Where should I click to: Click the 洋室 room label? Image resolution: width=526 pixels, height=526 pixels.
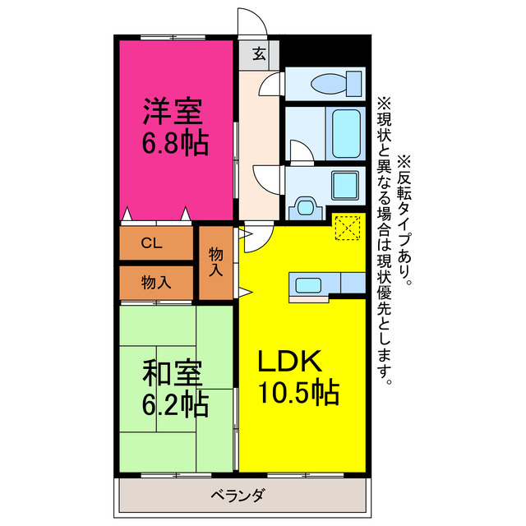point(173,110)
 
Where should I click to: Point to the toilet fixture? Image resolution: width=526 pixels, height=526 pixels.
point(337,83)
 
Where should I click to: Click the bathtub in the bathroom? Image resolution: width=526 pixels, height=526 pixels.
point(338,131)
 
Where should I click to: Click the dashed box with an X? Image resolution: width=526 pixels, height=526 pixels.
point(348,227)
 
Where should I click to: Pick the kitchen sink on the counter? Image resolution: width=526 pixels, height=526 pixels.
point(309,285)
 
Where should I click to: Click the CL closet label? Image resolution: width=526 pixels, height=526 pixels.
point(151,242)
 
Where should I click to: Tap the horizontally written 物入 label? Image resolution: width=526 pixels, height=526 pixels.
point(156,282)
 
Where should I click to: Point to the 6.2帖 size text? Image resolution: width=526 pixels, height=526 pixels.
point(173,404)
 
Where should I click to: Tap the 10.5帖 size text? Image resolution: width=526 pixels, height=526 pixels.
point(298,394)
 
